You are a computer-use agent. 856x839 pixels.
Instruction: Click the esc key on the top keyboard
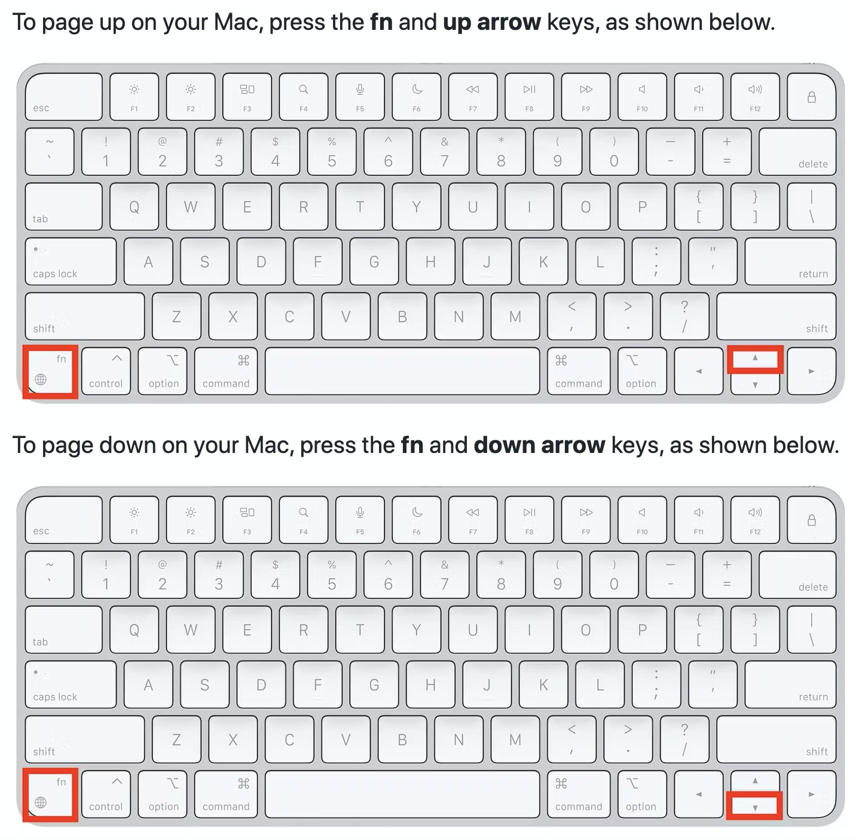(63, 97)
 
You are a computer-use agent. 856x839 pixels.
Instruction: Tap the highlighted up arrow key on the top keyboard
(755, 359)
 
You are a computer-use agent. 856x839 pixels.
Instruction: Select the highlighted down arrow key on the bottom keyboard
(755, 806)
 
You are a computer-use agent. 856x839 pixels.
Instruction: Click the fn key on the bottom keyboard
(50, 794)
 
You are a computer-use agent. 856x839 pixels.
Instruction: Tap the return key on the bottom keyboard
(790, 684)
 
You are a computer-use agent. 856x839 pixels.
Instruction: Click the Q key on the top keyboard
(134, 207)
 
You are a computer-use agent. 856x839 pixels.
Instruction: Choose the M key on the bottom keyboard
(515, 740)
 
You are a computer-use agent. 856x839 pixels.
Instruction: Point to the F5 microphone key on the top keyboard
(360, 97)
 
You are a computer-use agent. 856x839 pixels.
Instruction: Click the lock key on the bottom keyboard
(812, 520)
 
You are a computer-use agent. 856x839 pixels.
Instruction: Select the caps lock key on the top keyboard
(71, 262)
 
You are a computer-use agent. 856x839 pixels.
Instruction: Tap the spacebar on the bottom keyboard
(402, 794)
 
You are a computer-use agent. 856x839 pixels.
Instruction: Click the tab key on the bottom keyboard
(63, 630)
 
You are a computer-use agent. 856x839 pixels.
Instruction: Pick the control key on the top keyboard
(106, 371)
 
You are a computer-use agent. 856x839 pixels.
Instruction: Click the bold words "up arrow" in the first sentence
(492, 22)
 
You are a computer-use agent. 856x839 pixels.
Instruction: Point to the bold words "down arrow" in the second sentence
(539, 445)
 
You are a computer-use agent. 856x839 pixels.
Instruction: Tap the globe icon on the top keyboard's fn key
(41, 379)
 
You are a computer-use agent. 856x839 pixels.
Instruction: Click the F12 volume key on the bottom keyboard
(755, 520)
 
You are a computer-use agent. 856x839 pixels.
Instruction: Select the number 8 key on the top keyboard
(501, 152)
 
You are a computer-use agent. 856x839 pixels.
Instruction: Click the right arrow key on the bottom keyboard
(812, 794)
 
